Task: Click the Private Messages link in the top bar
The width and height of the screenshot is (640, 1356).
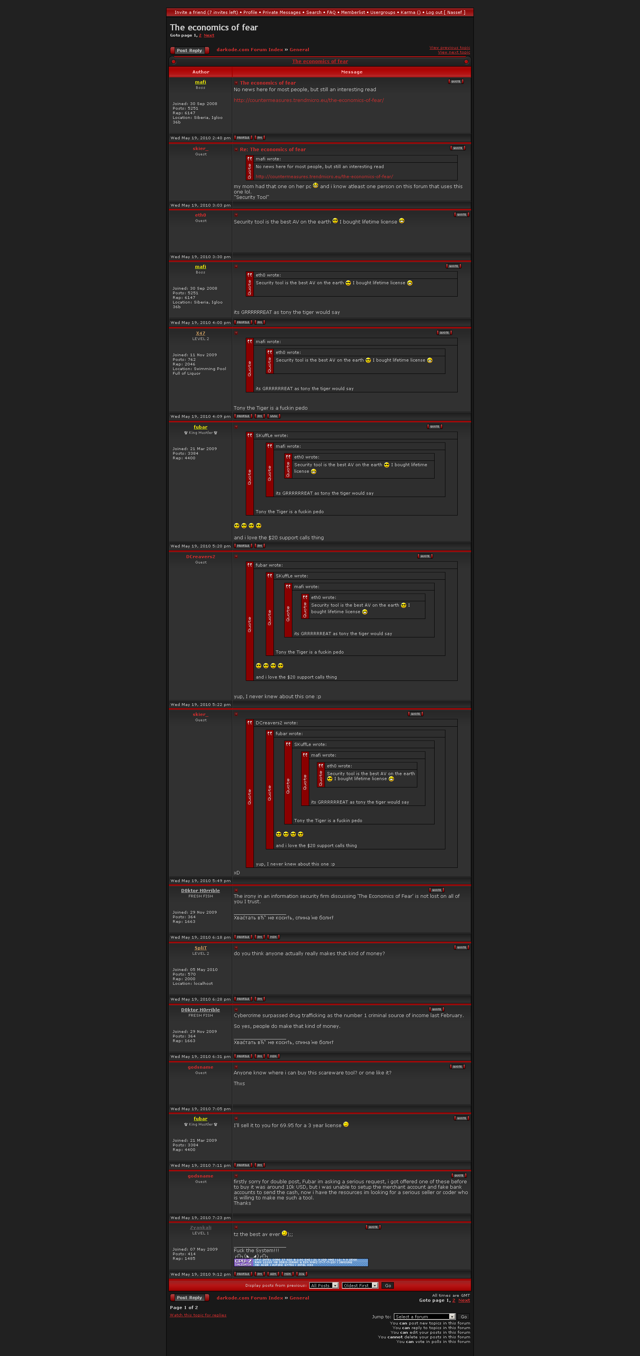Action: (x=282, y=12)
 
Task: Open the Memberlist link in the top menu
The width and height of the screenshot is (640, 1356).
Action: (x=353, y=12)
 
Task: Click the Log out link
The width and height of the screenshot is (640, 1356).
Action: (x=434, y=12)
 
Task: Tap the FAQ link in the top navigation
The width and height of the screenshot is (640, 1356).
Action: (x=331, y=12)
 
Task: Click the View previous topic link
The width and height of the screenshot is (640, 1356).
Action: (x=450, y=47)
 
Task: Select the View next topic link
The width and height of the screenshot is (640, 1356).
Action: (x=454, y=52)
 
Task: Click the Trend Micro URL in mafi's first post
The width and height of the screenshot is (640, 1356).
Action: (x=308, y=100)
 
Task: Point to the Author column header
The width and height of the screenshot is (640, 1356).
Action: (x=200, y=72)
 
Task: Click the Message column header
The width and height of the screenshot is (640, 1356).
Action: (x=352, y=72)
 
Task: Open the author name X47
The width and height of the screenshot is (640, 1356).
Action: (x=200, y=333)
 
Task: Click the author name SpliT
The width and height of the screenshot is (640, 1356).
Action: (x=200, y=948)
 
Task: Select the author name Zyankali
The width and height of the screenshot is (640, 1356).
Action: (x=200, y=1228)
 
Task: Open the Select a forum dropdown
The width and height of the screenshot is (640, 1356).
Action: (x=425, y=1316)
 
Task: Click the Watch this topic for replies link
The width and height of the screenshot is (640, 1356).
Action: (x=198, y=1315)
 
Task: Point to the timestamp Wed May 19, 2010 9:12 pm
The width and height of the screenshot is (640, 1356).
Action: (x=200, y=1274)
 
